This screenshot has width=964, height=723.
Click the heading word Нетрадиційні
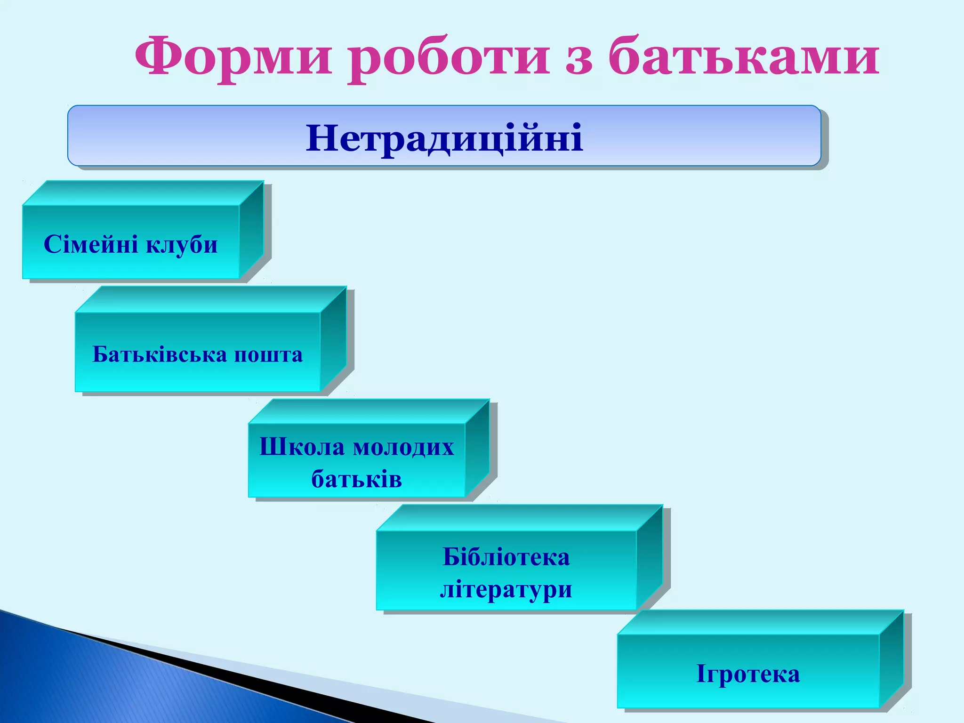tap(444, 137)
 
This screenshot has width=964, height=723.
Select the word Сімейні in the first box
tap(91, 244)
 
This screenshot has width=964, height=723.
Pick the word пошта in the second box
tap(268, 355)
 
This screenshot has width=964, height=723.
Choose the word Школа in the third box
tap(302, 447)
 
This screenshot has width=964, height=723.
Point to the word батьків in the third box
tap(356, 479)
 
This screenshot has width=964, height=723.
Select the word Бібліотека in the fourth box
tap(506, 557)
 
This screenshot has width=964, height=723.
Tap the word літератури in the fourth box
tap(506, 589)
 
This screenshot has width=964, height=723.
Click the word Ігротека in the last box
tap(748, 674)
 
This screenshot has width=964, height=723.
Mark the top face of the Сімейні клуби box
tap(141, 193)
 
